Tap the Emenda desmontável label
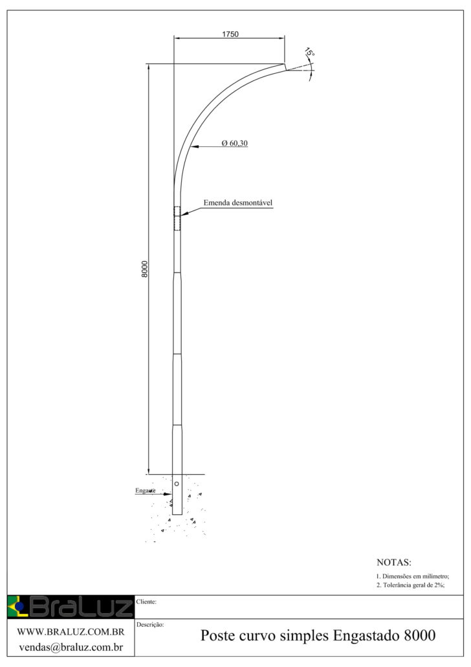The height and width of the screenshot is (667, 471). [239, 203]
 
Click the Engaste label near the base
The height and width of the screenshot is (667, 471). [146, 491]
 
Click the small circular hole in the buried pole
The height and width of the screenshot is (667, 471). [177, 484]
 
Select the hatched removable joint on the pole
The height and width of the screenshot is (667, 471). [177, 218]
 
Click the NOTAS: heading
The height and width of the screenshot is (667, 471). [394, 562]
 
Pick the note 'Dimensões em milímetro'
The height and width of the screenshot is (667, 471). [412, 576]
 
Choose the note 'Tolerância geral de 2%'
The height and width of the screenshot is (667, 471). [410, 585]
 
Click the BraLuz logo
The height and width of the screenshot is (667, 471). [70, 607]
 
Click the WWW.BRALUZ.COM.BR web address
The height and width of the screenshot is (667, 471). [70, 631]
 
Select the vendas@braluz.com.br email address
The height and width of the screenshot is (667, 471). [71, 646]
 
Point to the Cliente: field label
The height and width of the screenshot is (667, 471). [148, 602]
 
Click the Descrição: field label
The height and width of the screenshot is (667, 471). [151, 625]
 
